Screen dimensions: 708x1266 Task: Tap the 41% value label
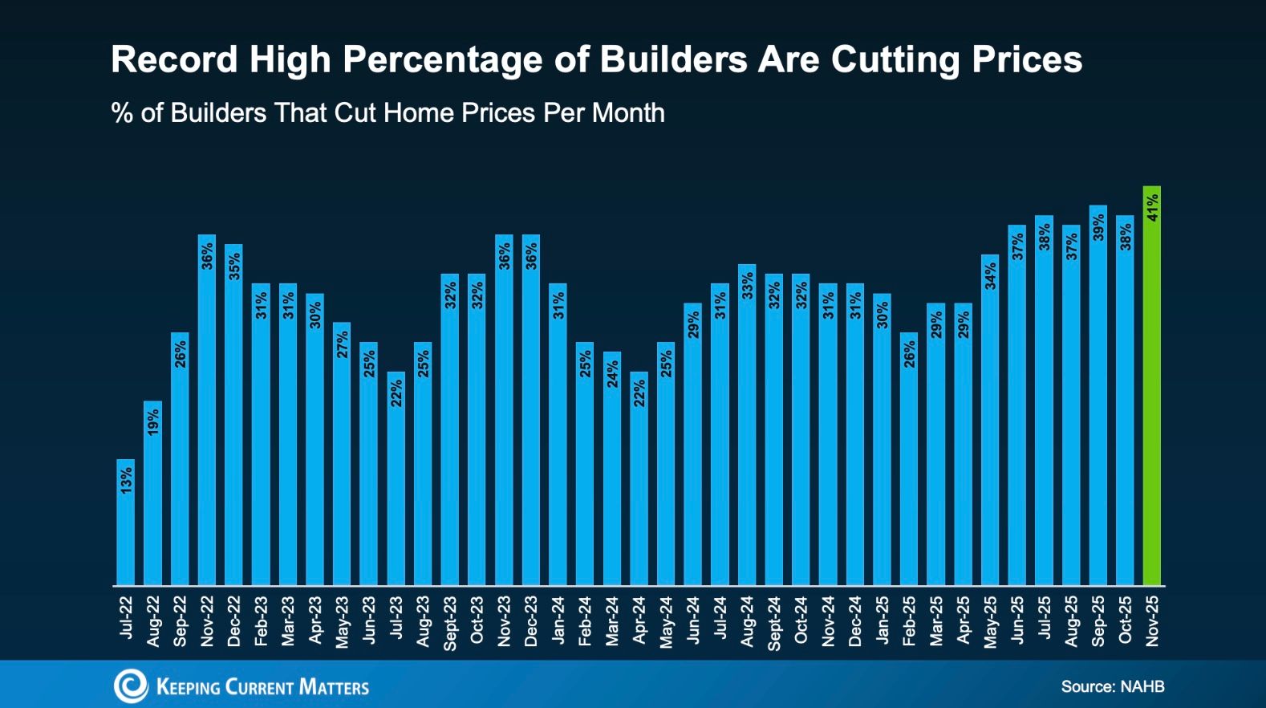1152,207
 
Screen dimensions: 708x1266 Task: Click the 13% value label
126,480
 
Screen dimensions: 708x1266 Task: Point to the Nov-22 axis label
207,621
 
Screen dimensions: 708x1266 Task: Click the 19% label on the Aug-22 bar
153,421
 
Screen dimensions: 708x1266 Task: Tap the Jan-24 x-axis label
558,620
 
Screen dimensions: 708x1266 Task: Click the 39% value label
1098,227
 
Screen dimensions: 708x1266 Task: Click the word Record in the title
174,59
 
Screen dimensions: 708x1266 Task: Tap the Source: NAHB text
1112,686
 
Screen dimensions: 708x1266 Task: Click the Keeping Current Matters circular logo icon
130,686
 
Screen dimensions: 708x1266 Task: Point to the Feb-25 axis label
909,621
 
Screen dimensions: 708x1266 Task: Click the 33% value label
747,286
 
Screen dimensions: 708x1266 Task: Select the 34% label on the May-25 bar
990,276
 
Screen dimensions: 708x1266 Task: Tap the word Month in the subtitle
628,113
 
